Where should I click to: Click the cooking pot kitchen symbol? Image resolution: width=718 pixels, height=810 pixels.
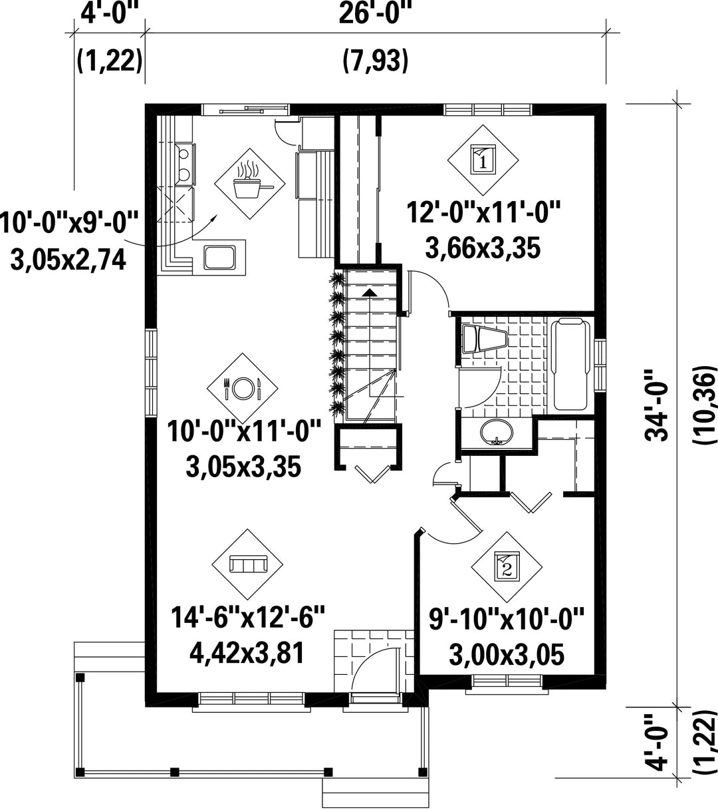[x=250, y=184]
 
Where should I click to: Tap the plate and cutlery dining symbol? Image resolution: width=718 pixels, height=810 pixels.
[x=243, y=388]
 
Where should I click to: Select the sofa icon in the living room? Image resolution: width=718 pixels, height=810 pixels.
[x=247, y=564]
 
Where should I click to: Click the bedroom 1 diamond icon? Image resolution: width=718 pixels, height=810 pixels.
[x=483, y=160]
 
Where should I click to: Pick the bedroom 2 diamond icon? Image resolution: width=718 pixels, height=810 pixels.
[x=507, y=567]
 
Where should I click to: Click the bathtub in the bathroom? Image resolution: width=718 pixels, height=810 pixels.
[x=570, y=364]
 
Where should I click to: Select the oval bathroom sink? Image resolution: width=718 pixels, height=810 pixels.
[x=497, y=432]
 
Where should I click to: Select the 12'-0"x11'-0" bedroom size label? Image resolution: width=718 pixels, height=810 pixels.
[x=483, y=212]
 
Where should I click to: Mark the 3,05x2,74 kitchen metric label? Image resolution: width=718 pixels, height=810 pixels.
[x=68, y=259]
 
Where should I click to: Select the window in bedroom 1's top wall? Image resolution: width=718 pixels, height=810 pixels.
[x=487, y=109]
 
